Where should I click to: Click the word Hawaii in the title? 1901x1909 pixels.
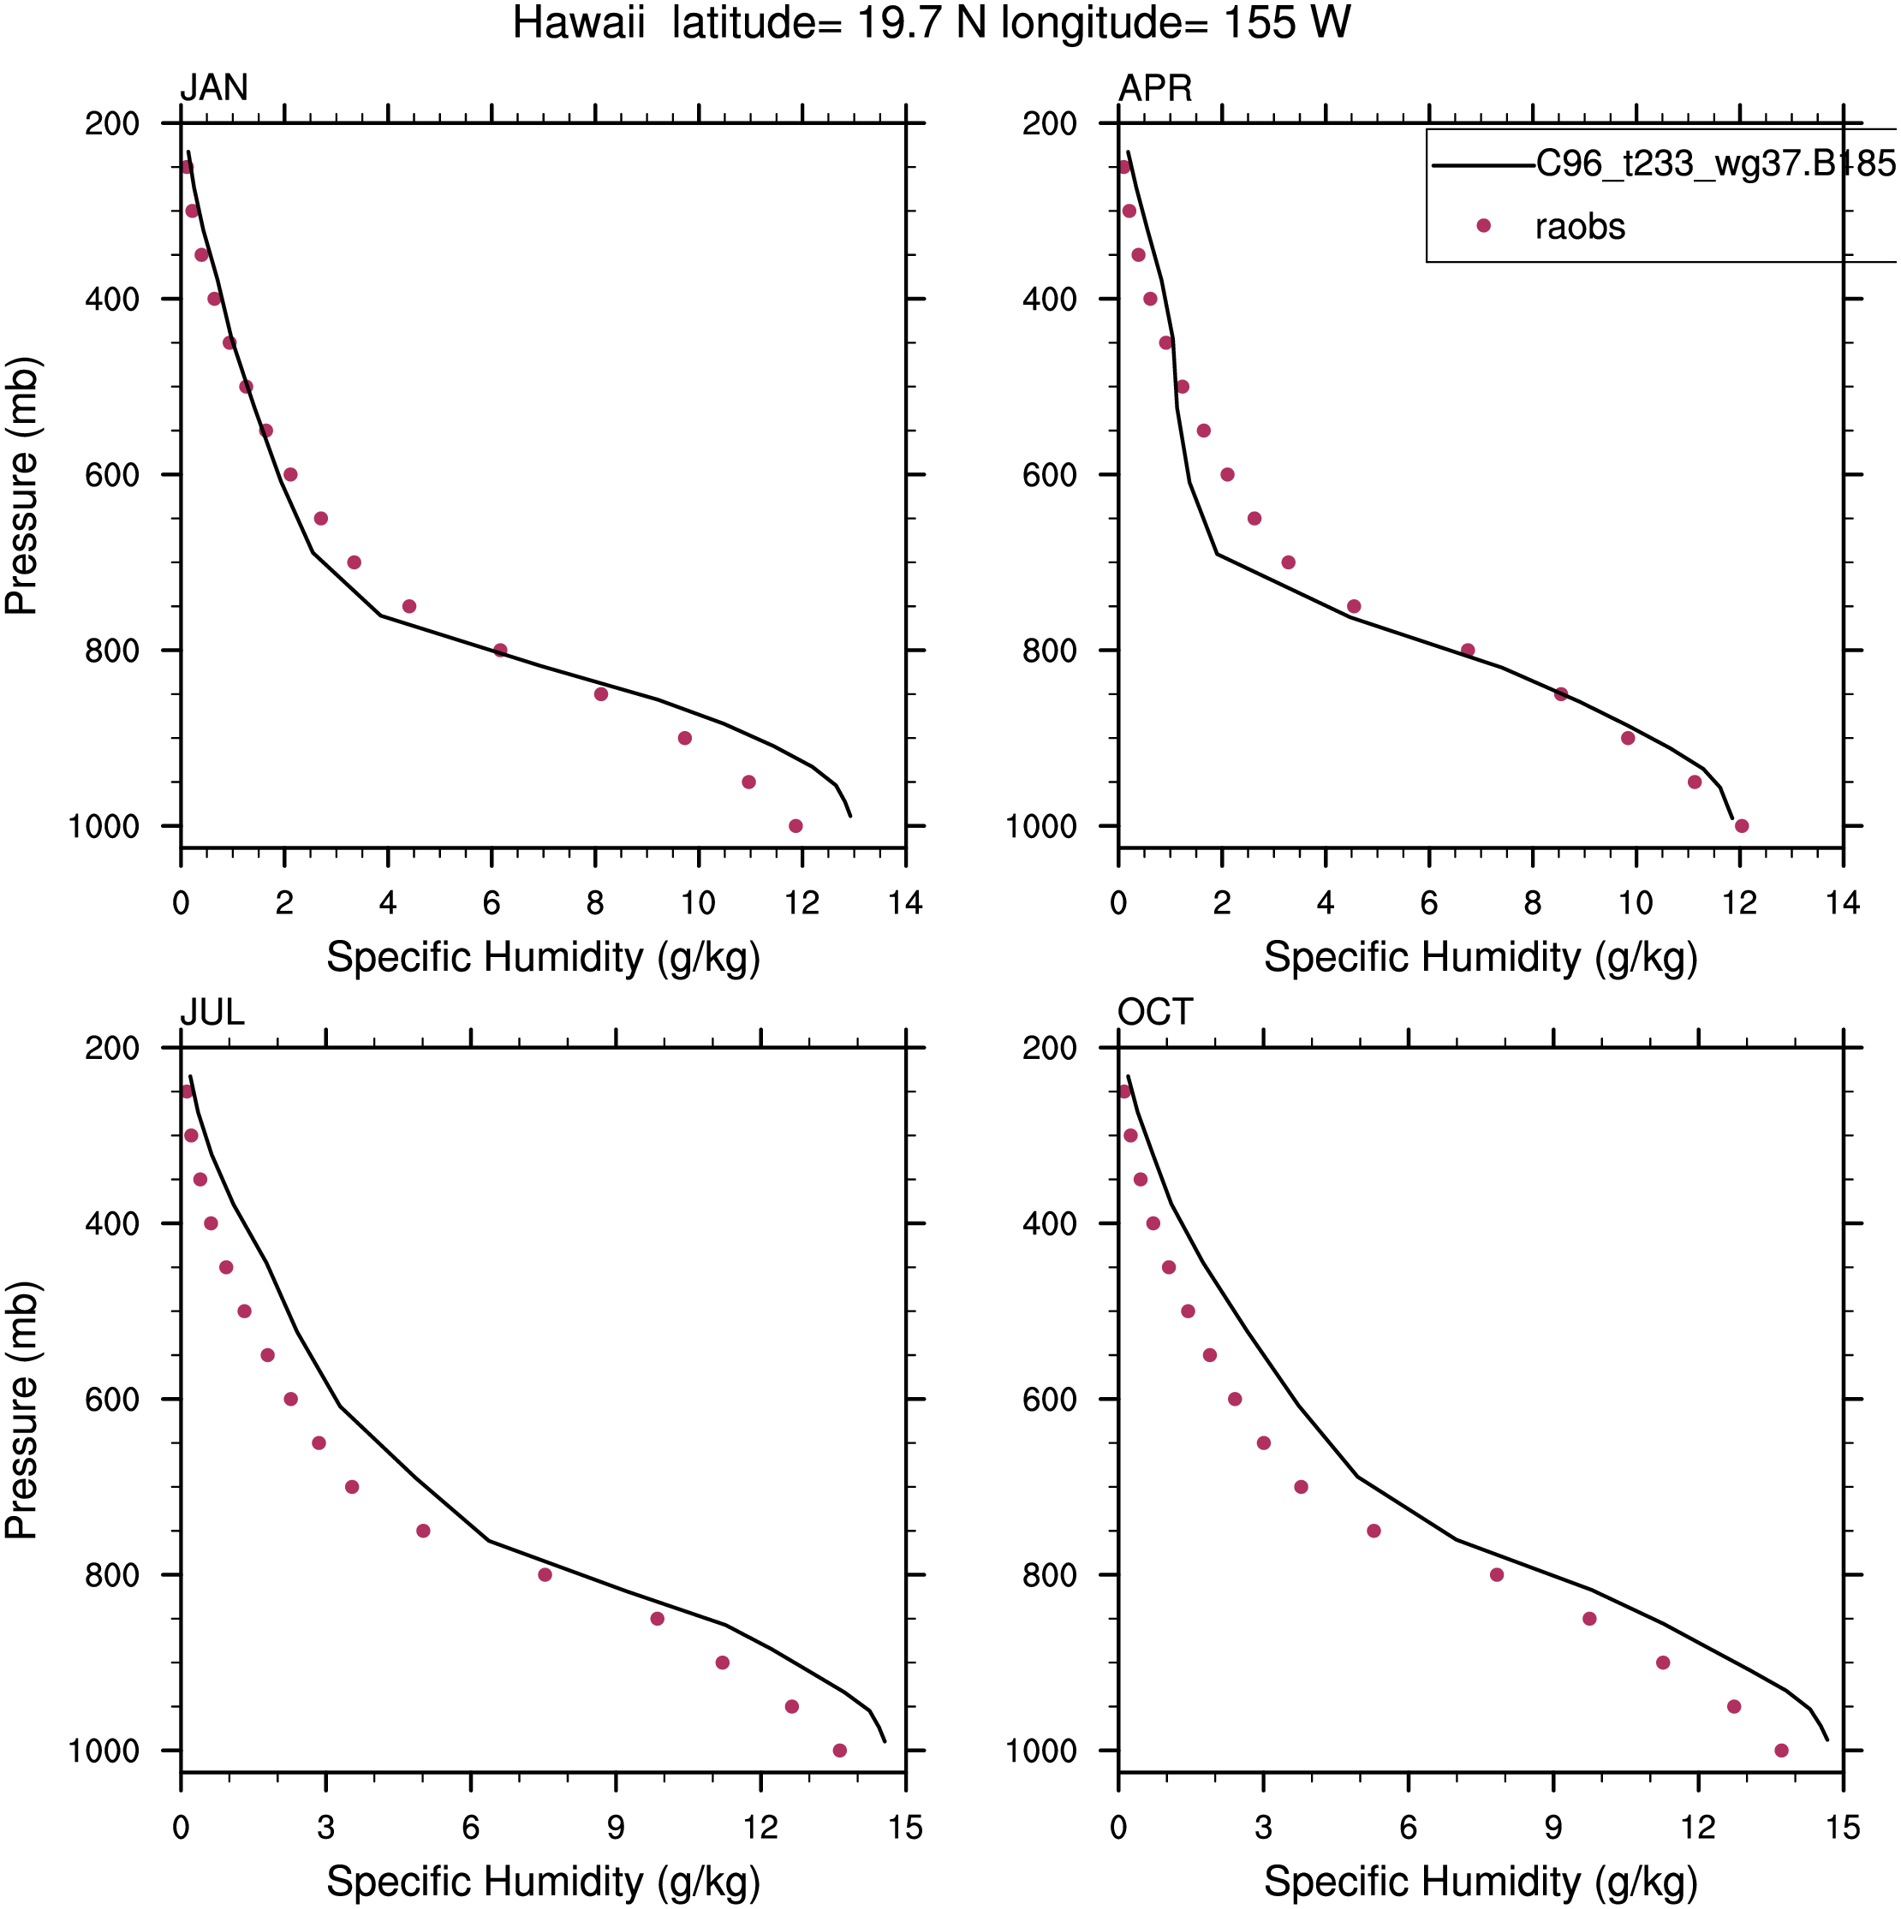(578, 23)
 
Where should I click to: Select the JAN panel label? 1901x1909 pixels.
(213, 88)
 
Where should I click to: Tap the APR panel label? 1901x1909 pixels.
(1154, 88)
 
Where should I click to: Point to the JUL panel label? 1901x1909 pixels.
(212, 1013)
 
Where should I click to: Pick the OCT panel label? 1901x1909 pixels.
(1154, 1013)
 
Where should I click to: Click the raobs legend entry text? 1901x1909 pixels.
(1580, 227)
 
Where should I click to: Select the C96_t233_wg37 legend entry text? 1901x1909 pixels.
(1716, 163)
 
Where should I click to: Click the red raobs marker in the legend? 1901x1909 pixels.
(1483, 226)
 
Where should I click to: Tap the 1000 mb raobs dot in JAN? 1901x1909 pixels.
(796, 826)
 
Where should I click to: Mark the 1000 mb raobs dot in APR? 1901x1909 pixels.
(1742, 826)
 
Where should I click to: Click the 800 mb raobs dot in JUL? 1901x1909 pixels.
(545, 1575)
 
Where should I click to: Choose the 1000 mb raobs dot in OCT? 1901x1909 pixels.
(1781, 1751)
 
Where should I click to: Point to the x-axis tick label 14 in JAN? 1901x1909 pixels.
(905, 903)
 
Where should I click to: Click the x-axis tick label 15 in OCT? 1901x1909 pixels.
(1843, 1828)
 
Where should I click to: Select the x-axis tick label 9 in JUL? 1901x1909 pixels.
(616, 1828)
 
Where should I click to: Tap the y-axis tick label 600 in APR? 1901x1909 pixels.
(1050, 475)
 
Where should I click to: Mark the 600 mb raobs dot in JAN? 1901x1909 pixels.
(289, 474)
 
